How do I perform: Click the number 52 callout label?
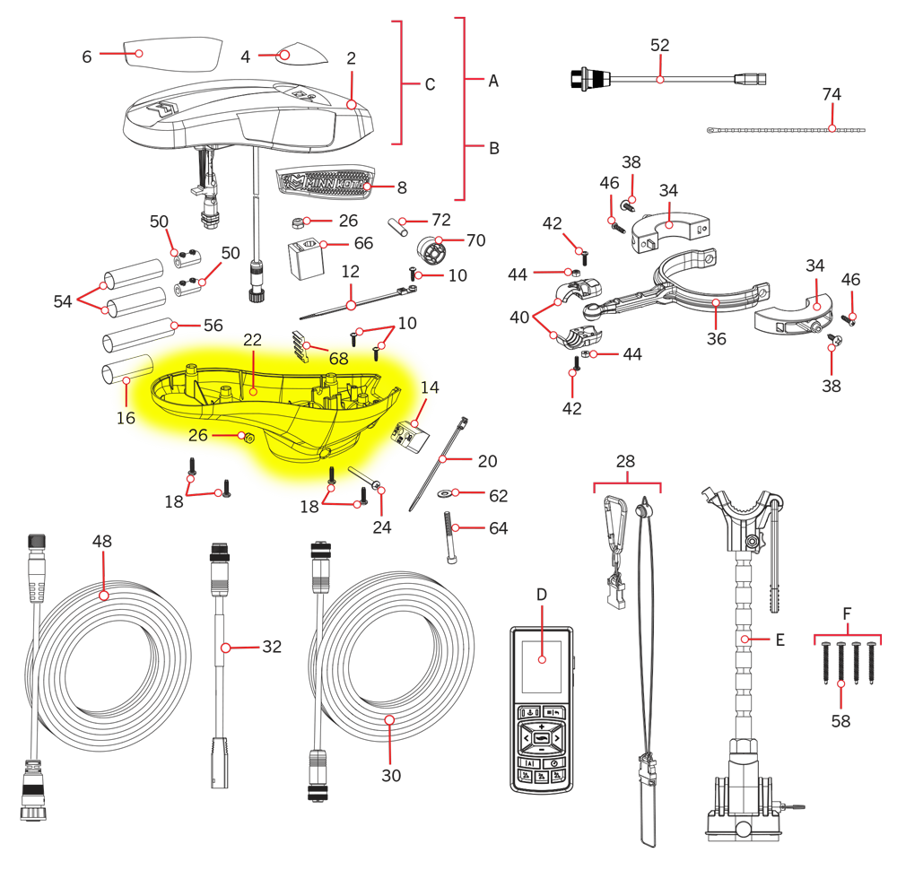coord(659,45)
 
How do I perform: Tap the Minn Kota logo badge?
coord(325,183)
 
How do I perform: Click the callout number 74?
coord(832,94)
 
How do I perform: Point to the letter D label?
coord(542,595)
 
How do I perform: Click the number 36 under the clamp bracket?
coord(716,339)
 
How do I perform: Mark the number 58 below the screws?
coord(840,721)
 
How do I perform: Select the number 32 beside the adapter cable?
coord(272,647)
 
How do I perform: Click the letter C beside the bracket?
coord(431,84)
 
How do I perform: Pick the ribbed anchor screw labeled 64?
coord(450,537)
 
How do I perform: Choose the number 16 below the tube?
coord(126,418)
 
